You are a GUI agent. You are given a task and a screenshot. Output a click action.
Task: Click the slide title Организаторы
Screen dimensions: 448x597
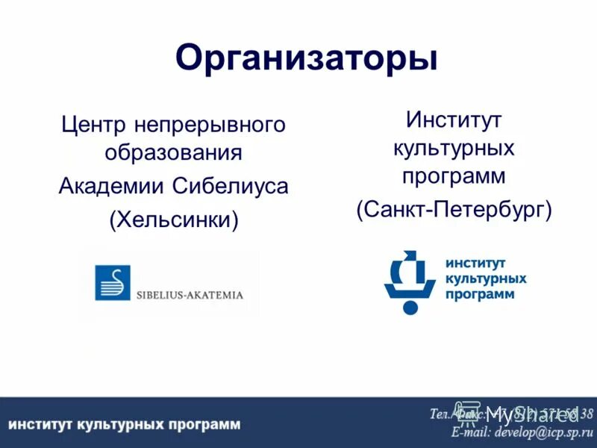coord(306,57)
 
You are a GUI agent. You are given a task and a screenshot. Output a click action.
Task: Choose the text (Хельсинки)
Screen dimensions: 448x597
coord(173,220)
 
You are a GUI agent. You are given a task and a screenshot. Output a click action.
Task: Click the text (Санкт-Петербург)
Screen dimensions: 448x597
coord(454,210)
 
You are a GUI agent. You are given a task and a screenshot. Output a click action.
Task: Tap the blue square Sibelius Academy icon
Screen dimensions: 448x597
coord(112,283)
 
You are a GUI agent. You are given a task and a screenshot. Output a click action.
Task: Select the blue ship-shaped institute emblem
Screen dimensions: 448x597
coord(409,276)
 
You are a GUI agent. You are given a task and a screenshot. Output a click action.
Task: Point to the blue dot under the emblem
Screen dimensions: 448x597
coord(409,306)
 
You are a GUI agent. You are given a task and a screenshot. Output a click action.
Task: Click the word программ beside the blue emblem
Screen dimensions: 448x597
coord(480,294)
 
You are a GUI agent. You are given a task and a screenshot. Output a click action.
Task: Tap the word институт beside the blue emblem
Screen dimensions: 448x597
coord(475,264)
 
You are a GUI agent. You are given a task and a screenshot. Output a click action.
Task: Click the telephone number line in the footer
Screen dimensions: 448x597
coord(511,413)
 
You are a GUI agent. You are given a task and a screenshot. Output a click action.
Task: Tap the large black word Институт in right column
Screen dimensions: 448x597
coord(454,119)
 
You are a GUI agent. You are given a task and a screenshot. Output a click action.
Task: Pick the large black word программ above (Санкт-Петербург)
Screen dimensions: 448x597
coord(454,177)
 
